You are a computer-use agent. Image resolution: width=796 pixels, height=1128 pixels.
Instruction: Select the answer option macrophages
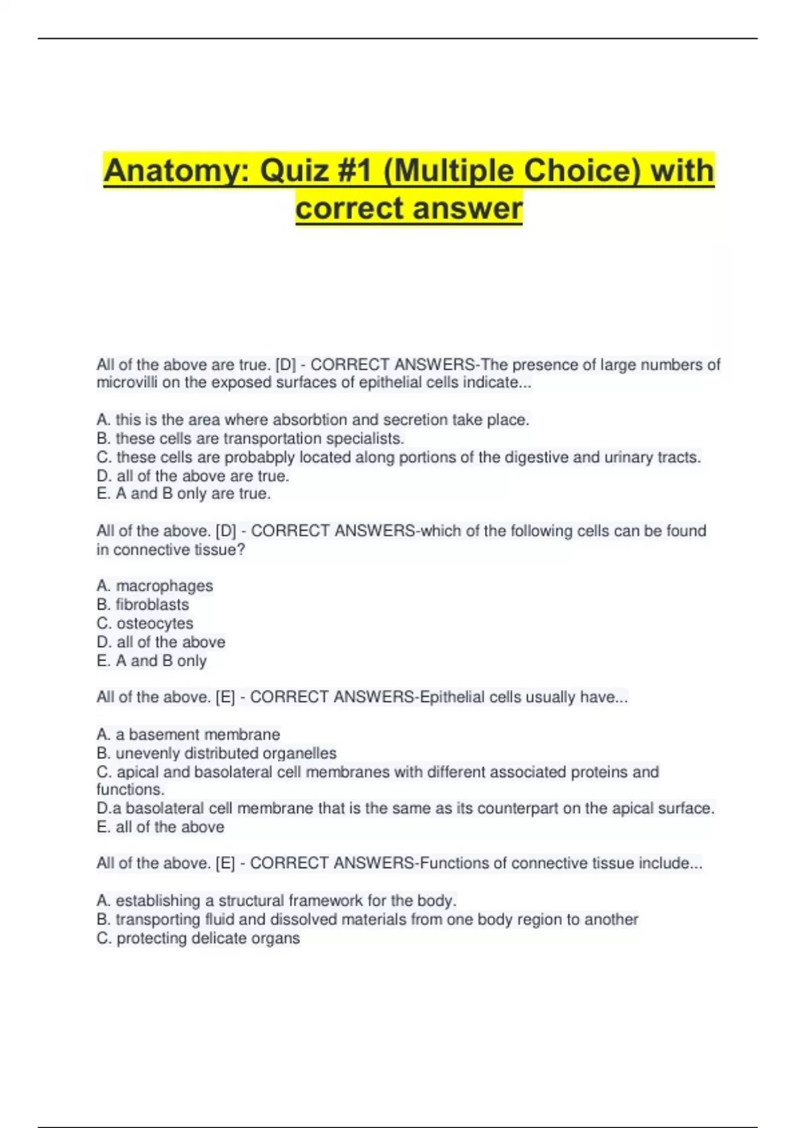[x=165, y=586]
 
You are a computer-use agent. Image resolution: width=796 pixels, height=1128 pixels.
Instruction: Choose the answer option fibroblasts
[x=152, y=604]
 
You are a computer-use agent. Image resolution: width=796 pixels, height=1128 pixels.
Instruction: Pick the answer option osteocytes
[x=155, y=624]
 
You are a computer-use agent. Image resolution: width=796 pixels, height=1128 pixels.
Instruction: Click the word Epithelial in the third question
[x=452, y=697]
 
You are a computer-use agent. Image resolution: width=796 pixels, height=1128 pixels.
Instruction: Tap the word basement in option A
[x=156, y=735]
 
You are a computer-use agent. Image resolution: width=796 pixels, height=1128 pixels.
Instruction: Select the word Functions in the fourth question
[x=452, y=863]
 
